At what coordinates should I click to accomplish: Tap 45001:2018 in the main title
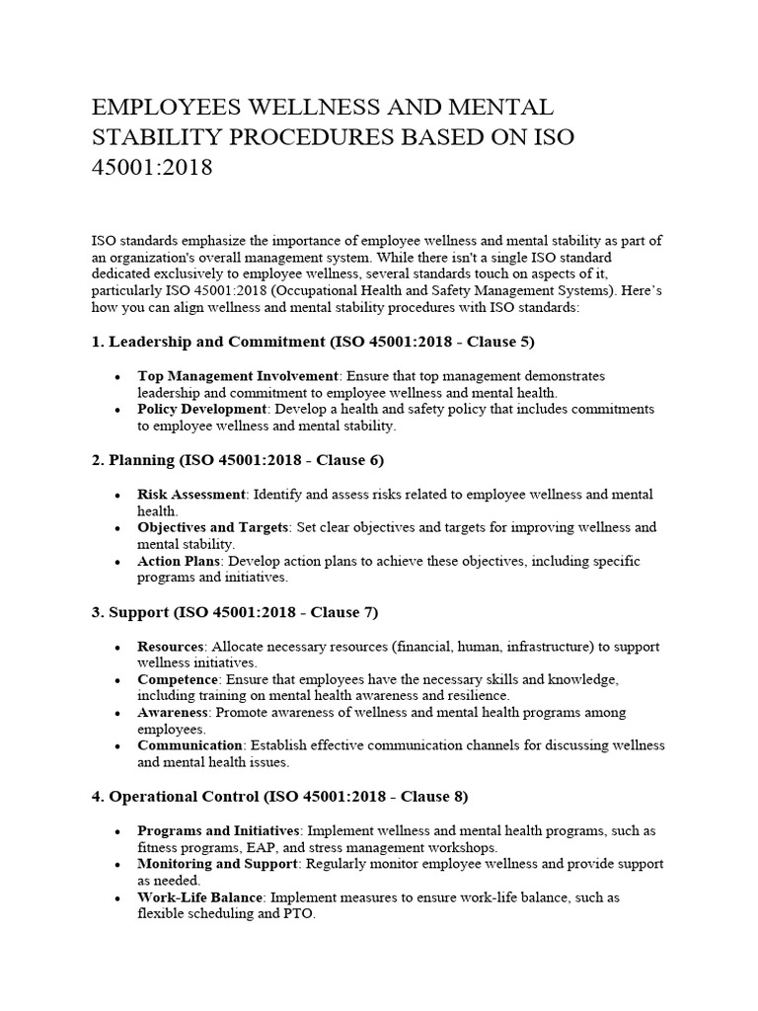point(151,168)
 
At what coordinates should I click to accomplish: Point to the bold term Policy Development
point(202,409)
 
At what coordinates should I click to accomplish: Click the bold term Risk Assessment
point(191,495)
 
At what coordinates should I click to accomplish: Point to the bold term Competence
point(178,680)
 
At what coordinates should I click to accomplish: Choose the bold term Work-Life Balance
point(200,897)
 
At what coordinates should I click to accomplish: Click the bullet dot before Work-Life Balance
point(118,898)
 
